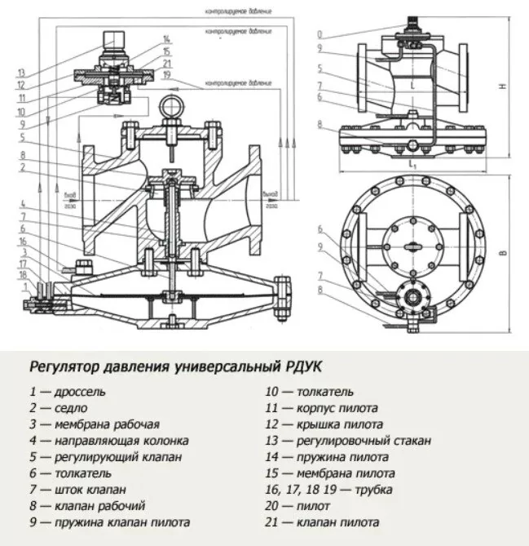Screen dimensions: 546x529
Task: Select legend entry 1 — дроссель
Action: (x=68, y=391)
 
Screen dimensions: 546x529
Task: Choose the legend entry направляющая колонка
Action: (x=110, y=440)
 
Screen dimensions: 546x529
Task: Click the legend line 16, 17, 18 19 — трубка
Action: (x=328, y=490)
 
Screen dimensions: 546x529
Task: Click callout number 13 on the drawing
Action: (x=22, y=72)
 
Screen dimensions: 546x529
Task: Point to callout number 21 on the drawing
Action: (x=166, y=63)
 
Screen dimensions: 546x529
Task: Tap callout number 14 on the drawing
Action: (x=166, y=39)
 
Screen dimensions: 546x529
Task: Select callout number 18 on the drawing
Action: (x=23, y=274)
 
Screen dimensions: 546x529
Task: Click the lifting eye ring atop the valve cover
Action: (x=172, y=105)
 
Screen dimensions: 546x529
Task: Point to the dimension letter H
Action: (x=504, y=85)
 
